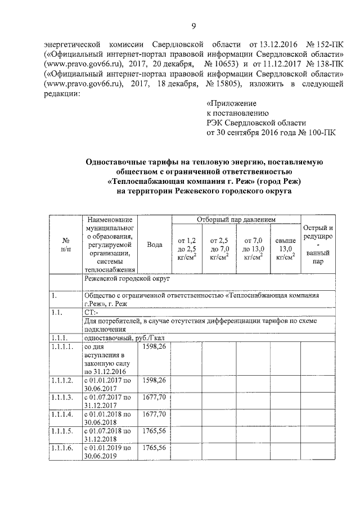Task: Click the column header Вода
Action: point(154,245)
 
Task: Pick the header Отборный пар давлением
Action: point(236,218)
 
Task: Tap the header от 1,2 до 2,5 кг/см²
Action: point(186,249)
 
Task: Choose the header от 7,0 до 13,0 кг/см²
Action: point(253,249)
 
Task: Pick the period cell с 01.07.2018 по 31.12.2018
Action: point(108,436)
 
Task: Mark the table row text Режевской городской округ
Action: point(127,278)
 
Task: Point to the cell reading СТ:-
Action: point(91,312)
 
